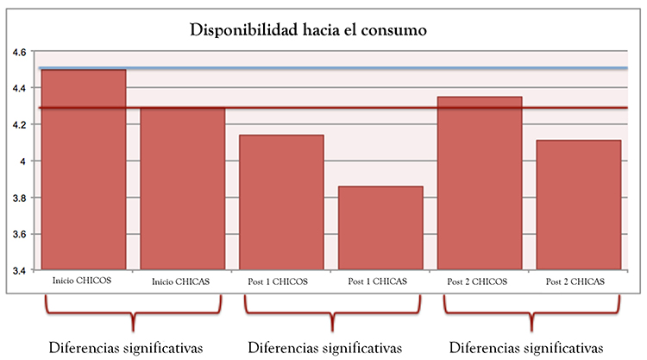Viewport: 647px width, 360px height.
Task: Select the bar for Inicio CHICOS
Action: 84,173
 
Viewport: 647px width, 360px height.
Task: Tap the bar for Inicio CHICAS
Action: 183,190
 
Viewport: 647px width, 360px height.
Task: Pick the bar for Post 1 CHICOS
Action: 282,203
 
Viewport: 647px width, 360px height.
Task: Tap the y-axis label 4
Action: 22,161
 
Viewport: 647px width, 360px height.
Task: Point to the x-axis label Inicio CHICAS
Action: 182,281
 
